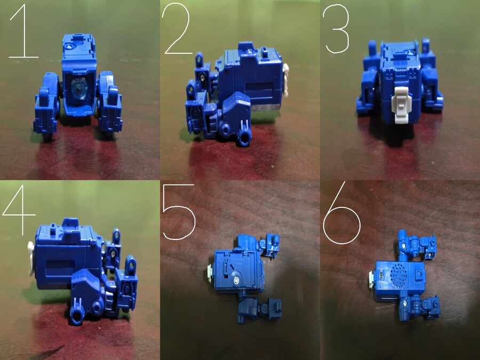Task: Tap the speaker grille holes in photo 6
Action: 396,276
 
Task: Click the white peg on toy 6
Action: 371,277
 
